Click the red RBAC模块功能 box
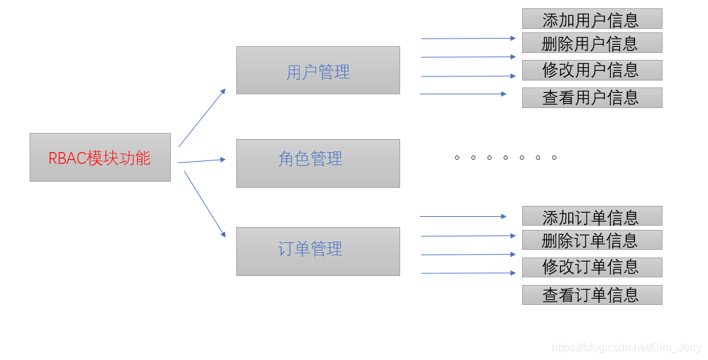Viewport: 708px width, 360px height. [100, 158]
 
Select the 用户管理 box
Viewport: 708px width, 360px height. [317, 70]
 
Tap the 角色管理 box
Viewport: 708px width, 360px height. [317, 163]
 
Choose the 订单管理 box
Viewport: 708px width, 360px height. [317, 251]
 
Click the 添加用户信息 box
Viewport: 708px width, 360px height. [592, 19]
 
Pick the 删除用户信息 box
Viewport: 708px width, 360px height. [592, 43]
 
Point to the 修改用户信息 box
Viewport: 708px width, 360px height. [592, 70]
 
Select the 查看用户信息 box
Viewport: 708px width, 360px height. [592, 98]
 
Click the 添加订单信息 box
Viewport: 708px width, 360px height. [592, 216]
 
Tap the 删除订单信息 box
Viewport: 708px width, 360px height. [592, 240]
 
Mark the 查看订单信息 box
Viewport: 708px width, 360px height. [592, 295]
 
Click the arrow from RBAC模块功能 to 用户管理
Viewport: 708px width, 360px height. [202, 118]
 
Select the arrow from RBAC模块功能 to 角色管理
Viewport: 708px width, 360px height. [201, 161]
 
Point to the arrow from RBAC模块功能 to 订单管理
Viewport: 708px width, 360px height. [205, 204]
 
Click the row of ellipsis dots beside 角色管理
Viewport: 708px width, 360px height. [505, 158]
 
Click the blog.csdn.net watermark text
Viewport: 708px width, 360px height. [627, 349]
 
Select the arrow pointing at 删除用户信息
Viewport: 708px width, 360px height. [468, 39]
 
